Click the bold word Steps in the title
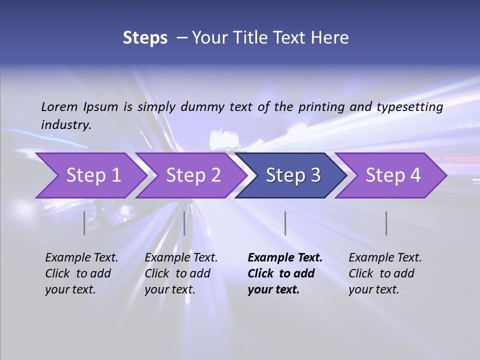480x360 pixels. [x=145, y=38]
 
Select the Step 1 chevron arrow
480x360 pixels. [x=90, y=175]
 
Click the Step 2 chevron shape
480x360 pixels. [x=190, y=175]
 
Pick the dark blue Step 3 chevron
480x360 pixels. [x=291, y=175]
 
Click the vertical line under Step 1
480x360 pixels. [x=84, y=223]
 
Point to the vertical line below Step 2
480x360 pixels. [x=184, y=223]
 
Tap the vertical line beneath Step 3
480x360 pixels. [x=285, y=223]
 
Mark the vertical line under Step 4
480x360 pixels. [x=386, y=223]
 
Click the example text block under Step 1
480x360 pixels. [x=81, y=273]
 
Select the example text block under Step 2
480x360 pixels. [x=181, y=273]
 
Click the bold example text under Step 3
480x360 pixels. [x=284, y=273]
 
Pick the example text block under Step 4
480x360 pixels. [x=385, y=273]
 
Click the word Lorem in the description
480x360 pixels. [x=59, y=107]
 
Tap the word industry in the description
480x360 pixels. [x=65, y=125]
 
